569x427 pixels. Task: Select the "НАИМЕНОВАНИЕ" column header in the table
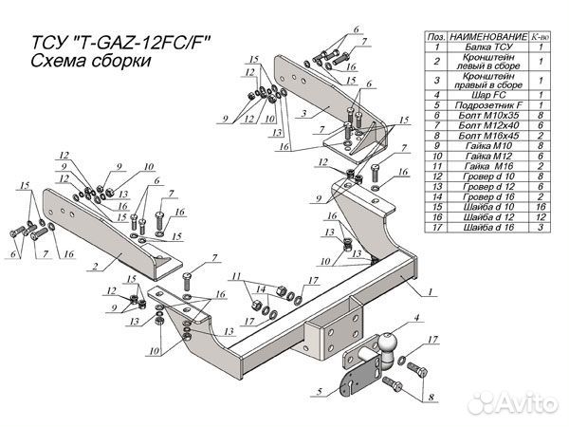(x=485, y=33)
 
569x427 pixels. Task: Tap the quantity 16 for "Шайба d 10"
(x=538, y=205)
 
